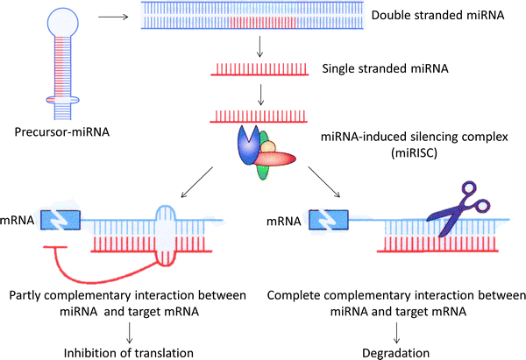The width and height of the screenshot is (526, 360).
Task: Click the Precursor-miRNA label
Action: (61, 134)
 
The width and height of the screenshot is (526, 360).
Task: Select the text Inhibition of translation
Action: (131, 352)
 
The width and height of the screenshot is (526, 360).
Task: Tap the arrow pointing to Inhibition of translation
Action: (131, 329)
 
